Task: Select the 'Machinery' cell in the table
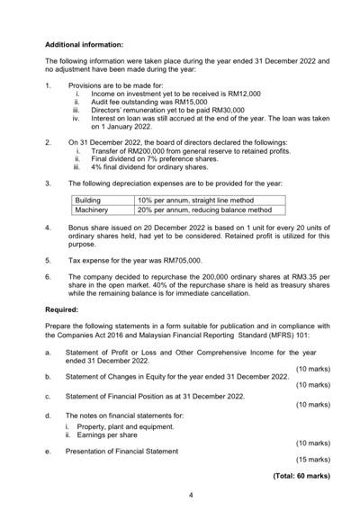point(92,210)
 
